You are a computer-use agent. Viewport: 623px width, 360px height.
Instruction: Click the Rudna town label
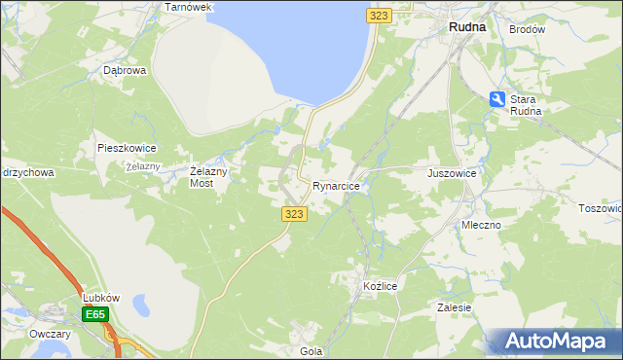[466, 28]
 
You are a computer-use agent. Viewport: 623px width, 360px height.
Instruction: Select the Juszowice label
[452, 173]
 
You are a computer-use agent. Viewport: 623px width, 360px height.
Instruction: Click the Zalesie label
[455, 307]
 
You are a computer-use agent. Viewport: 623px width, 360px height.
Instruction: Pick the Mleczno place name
[481, 225]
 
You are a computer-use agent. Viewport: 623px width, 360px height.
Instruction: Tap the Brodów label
[527, 29]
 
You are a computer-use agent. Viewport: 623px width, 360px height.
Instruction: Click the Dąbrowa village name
[125, 71]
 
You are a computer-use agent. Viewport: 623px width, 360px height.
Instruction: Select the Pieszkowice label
[127, 149]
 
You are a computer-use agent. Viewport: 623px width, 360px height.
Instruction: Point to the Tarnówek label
[188, 7]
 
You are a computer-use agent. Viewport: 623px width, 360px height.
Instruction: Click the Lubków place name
[100, 298]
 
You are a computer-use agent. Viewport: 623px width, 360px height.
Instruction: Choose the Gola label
[311, 350]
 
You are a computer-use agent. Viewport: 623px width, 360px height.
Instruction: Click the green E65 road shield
[95, 314]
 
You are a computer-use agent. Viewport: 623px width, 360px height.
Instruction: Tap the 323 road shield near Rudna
[380, 16]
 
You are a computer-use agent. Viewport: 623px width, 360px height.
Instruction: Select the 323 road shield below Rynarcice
[295, 214]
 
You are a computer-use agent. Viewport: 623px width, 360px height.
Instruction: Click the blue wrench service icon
[496, 99]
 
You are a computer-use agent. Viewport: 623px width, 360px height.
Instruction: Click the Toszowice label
[602, 208]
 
